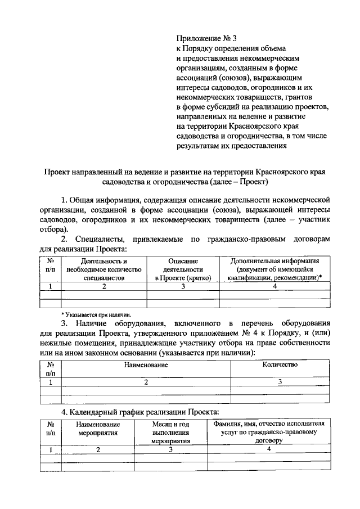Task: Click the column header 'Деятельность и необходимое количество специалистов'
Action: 104,269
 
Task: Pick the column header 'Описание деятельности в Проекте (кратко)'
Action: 183,269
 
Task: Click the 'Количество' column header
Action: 280,364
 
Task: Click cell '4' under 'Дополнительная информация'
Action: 274,286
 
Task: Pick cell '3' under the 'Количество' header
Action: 280,382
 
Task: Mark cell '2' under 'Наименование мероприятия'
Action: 98,449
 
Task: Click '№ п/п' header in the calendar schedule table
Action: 50,428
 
